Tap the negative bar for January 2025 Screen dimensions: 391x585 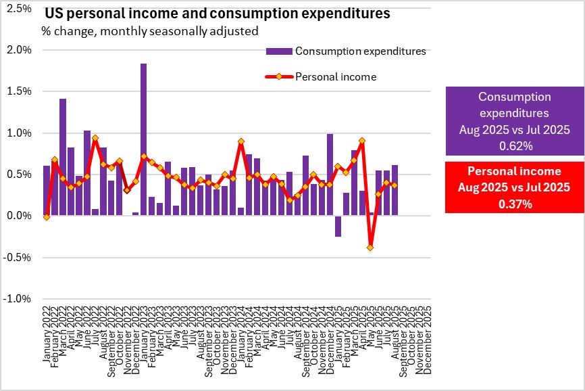(x=338, y=226)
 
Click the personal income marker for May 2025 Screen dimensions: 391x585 (x=370, y=248)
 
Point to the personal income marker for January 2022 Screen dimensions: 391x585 (x=47, y=217)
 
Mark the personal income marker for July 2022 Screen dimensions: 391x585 (x=95, y=138)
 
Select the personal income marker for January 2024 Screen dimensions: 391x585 (x=241, y=141)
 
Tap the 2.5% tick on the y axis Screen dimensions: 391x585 (x=20, y=9)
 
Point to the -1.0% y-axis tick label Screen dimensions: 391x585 (x=18, y=299)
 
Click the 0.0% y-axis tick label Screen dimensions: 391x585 (x=20, y=216)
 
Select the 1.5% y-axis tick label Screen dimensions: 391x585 (x=20, y=91)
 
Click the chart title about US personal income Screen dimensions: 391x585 (x=217, y=14)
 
